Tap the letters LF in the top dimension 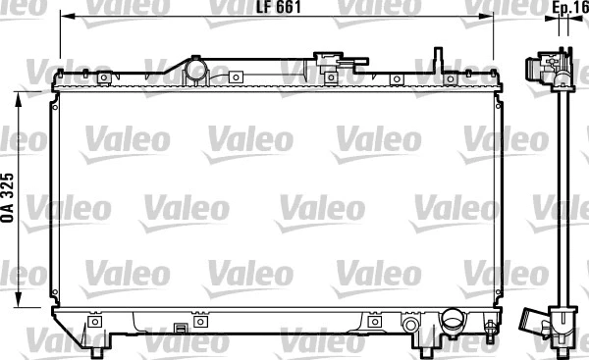[x=262, y=8]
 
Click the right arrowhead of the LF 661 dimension [x=500, y=18]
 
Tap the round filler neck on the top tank [x=195, y=71]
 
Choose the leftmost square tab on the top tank [x=84, y=76]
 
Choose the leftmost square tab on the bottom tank [x=95, y=322]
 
